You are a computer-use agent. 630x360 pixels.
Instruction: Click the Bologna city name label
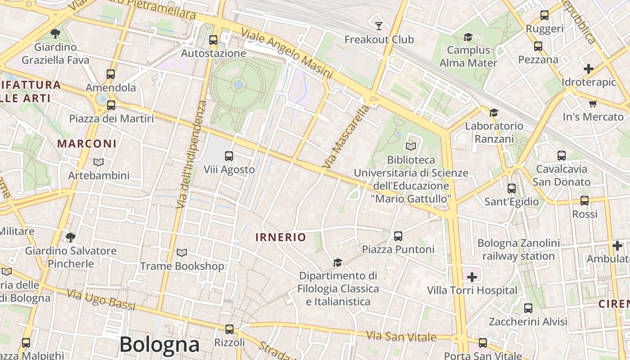159,345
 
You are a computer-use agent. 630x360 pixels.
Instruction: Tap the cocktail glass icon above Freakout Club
379,26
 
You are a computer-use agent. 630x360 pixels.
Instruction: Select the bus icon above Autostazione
213,40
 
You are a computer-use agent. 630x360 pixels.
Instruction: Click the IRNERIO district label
281,237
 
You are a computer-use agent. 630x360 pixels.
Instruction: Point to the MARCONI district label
87,144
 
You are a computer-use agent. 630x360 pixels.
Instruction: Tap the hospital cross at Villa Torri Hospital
472,277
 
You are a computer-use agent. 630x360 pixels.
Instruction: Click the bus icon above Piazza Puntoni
398,236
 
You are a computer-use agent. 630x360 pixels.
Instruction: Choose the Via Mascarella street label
346,138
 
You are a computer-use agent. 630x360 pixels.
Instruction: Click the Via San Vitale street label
401,336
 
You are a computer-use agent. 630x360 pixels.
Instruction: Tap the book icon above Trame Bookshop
182,253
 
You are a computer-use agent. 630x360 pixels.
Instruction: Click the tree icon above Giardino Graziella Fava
55,33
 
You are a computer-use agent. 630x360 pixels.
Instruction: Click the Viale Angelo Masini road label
287,53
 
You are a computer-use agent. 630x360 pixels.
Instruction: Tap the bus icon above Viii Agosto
229,156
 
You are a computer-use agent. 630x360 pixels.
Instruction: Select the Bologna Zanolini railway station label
518,250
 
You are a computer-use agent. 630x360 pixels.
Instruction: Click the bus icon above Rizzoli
229,329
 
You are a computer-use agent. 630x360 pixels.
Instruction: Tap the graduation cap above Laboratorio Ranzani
494,112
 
